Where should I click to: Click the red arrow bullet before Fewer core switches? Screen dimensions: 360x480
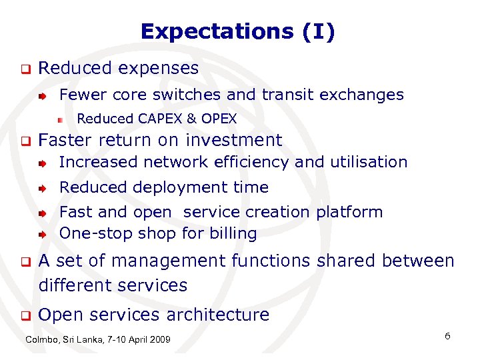coord(42,96)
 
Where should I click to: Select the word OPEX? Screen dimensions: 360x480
coord(219,119)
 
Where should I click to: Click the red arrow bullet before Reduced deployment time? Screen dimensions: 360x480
coord(42,189)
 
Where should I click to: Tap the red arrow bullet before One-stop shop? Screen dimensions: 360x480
coord(42,235)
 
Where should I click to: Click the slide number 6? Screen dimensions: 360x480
coord(447,336)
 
